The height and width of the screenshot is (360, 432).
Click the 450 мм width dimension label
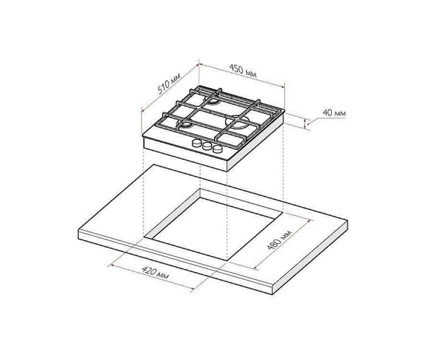[x=243, y=71]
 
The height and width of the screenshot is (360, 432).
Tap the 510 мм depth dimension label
[x=169, y=83]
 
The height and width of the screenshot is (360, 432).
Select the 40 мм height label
[x=334, y=113]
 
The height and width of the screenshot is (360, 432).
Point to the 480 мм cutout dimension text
[x=279, y=239]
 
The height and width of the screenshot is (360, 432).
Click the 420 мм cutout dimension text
[x=155, y=273]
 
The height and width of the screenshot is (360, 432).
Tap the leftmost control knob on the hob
[x=197, y=144]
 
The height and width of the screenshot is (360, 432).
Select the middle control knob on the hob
[x=207, y=146]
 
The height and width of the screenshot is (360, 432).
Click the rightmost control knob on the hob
[x=217, y=149]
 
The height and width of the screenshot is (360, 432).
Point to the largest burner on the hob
[x=237, y=123]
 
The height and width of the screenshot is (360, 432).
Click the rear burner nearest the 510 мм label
[x=212, y=100]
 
